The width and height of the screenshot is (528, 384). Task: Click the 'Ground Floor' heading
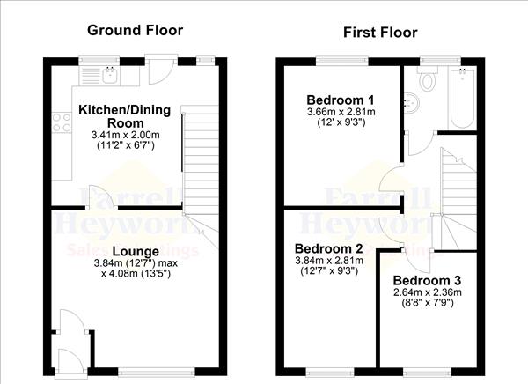(x=135, y=30)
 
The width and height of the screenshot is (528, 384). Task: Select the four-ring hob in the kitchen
(x=62, y=123)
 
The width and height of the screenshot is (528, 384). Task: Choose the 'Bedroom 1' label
(x=339, y=99)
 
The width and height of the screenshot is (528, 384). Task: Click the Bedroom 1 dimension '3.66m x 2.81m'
(x=341, y=112)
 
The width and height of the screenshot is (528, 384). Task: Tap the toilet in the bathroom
(x=428, y=81)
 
